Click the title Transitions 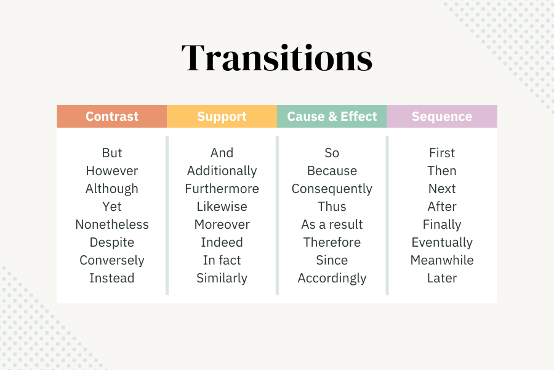point(277,59)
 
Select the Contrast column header point(112,117)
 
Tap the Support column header point(222,117)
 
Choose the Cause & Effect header point(332,117)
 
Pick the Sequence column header point(442,117)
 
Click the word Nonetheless point(112,224)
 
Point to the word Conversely point(112,260)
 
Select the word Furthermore point(222,189)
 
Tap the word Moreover point(222,224)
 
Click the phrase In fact point(222,260)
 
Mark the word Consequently point(332,189)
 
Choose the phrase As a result point(332,224)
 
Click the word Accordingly point(332,278)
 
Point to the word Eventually point(442,242)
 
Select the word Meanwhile point(442,260)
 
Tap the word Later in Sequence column point(442,278)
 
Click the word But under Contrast point(112,153)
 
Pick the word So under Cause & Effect point(332,153)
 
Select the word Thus point(332,207)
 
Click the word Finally point(442,224)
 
